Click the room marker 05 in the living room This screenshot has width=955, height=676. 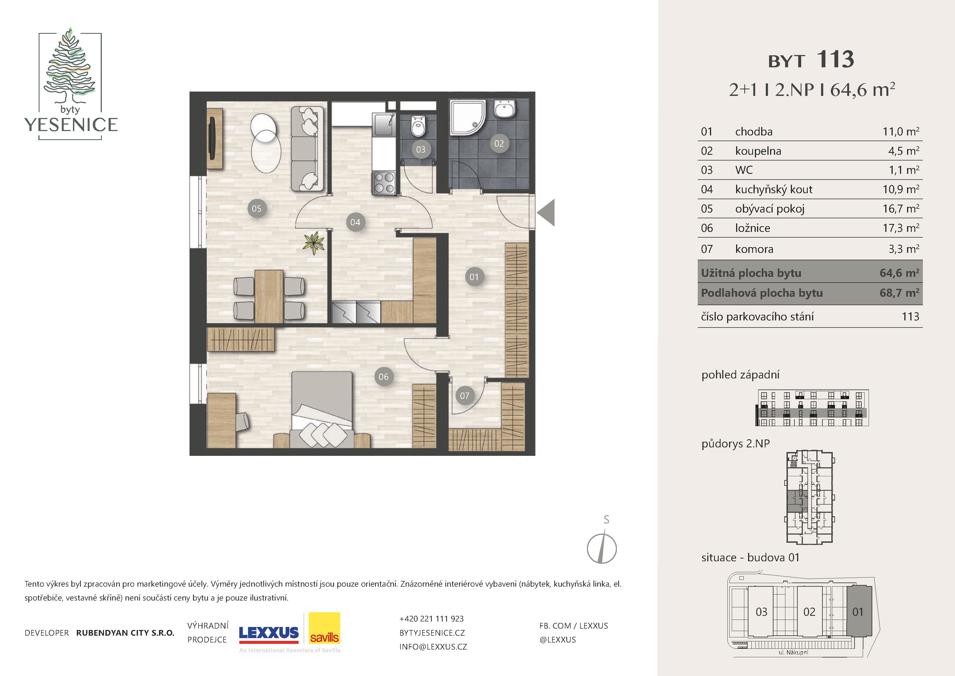point(257,208)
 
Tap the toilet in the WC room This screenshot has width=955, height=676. point(418,126)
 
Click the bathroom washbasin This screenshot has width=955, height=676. point(504,109)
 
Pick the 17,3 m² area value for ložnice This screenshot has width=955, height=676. point(901,228)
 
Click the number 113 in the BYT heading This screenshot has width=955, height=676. point(835,59)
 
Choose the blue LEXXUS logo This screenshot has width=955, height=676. point(269,633)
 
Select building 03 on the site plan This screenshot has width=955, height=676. point(761,611)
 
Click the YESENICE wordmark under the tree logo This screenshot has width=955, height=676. point(71,125)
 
